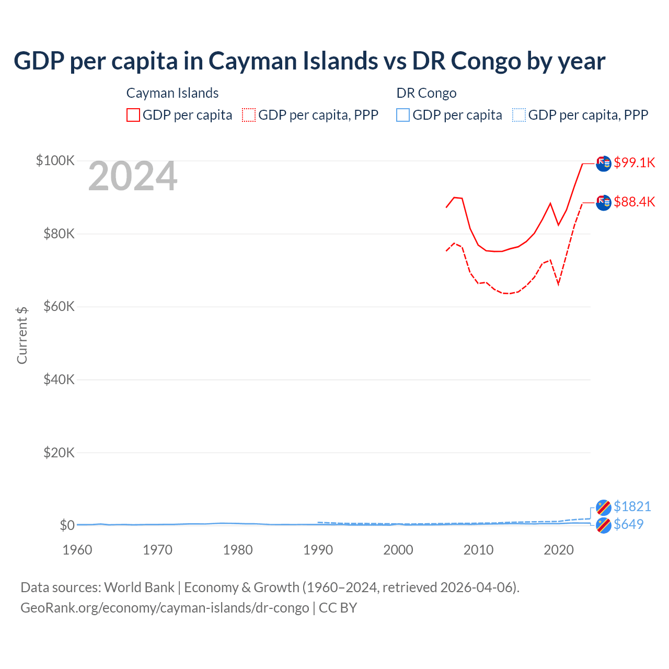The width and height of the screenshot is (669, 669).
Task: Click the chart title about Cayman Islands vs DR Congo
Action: pos(309,61)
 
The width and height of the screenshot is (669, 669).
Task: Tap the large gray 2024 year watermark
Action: pos(133,177)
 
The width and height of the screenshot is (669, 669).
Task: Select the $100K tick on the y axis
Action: pos(55,160)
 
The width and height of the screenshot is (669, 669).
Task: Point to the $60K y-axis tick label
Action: pos(59,306)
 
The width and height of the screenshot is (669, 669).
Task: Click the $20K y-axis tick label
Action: pos(59,453)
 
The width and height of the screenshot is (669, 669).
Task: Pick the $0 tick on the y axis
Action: pos(67,525)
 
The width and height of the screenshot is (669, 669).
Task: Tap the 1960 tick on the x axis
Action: pos(77,550)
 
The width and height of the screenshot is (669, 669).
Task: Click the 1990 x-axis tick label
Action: pos(318,550)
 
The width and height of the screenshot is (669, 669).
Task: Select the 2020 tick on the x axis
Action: pos(559,550)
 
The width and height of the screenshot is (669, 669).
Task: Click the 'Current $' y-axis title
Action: pos(22,335)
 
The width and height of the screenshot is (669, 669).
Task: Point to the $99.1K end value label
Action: pos(635,163)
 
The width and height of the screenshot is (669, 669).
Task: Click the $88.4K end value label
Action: pos(635,202)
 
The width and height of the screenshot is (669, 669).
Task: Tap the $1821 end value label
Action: pos(632,506)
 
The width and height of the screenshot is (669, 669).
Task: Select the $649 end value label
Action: pos(629,524)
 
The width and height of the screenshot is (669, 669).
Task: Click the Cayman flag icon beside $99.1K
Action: pos(604,164)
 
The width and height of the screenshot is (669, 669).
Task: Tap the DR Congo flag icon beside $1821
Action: pos(604,507)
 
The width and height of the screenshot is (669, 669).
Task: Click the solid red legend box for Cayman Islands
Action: pos(133,115)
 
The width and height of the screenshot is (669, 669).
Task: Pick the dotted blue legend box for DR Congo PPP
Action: pos(519,115)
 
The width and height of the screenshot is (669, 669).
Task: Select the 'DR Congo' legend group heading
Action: pos(426,93)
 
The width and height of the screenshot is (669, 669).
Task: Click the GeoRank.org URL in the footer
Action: pos(165,608)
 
